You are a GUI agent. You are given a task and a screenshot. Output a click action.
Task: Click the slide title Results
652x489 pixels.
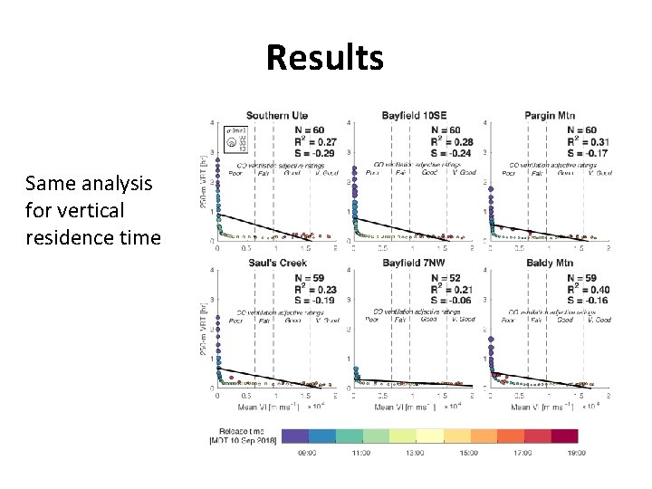(x=325, y=58)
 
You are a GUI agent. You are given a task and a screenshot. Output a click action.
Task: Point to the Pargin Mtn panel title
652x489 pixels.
(x=551, y=116)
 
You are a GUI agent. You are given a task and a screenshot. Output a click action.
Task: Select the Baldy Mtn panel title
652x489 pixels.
(x=549, y=264)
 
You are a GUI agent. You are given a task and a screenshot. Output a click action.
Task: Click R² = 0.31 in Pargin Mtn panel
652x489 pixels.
(x=588, y=141)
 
